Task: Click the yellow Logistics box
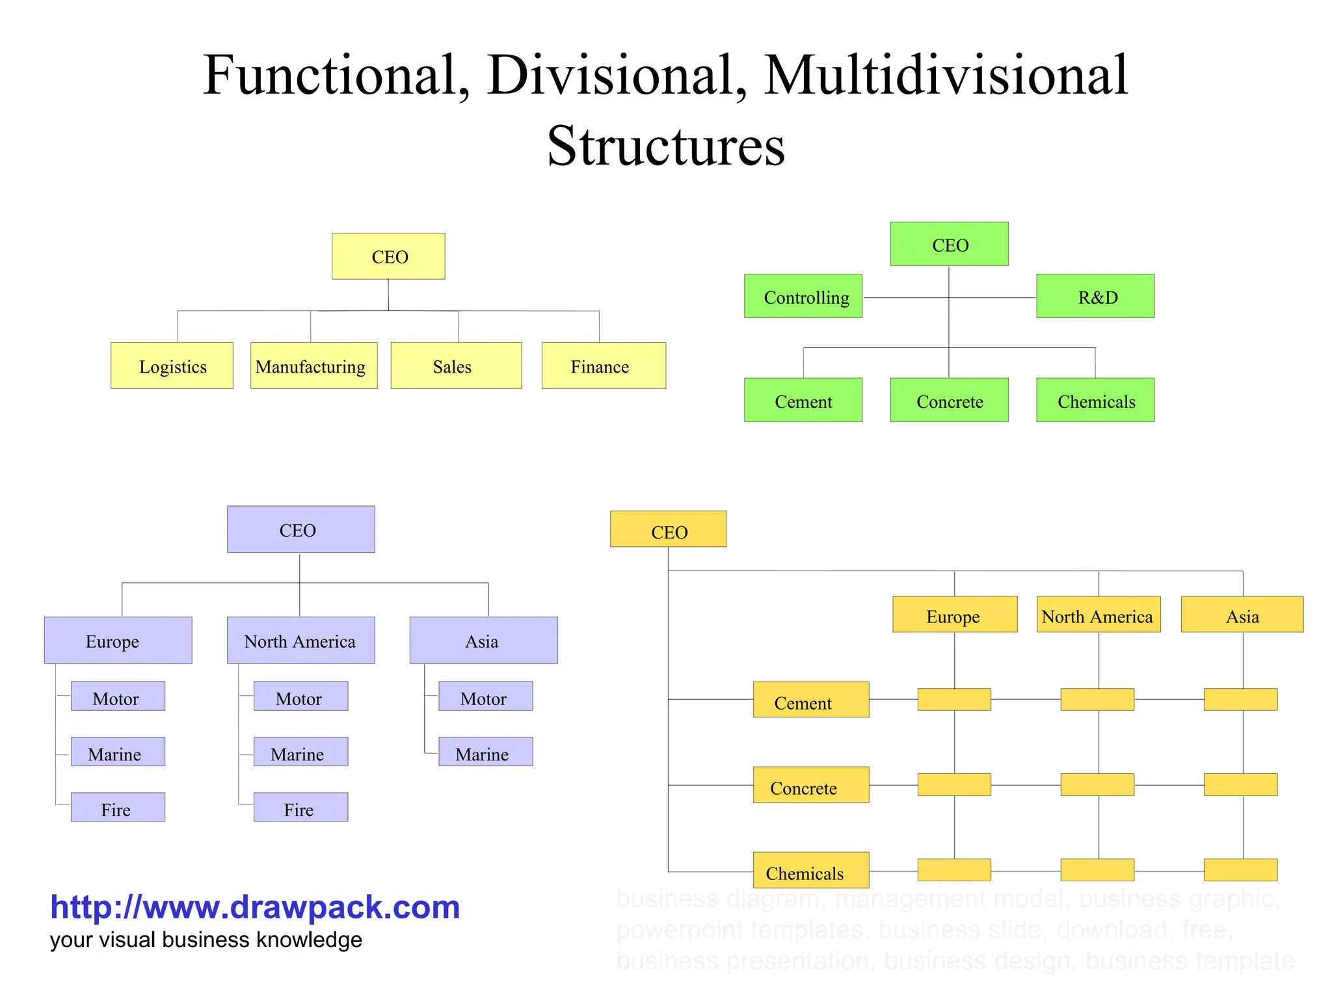point(172,366)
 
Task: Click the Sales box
point(456,366)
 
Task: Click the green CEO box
point(949,244)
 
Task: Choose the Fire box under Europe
point(118,807)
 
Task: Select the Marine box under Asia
point(485,752)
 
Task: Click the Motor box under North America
point(300,697)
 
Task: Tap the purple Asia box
point(483,640)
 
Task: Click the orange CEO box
point(668,529)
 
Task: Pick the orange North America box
point(1099,615)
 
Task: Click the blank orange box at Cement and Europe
point(954,700)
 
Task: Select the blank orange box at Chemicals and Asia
point(1240,870)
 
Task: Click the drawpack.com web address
point(255,907)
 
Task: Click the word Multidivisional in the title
point(945,76)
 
